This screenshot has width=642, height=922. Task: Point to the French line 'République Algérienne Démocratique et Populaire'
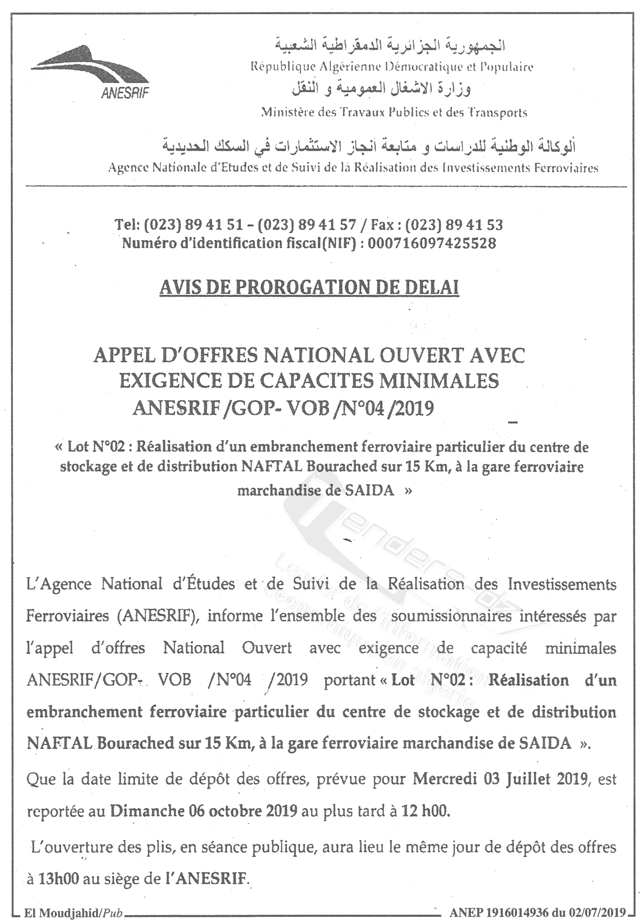coord(392,67)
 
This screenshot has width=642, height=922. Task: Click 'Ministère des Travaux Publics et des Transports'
coord(394,113)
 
